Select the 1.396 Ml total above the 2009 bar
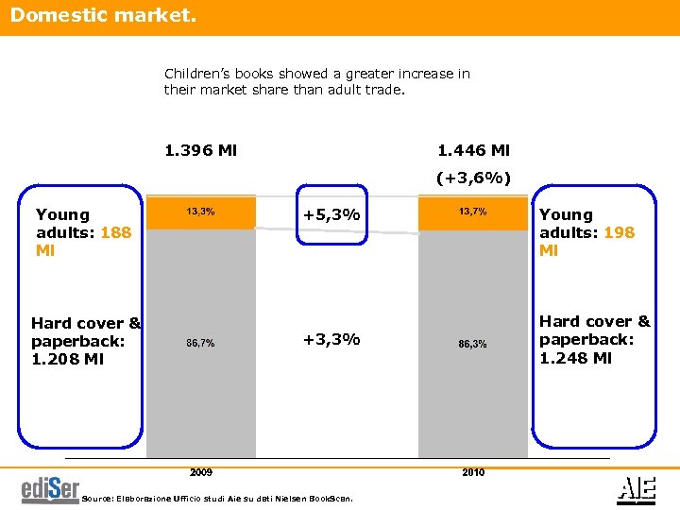click(200, 150)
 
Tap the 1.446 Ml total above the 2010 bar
click(473, 150)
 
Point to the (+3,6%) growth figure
click(473, 178)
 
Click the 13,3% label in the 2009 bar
click(200, 212)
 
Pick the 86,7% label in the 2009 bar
click(200, 343)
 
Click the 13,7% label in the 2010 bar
click(472, 212)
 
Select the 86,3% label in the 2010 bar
click(472, 344)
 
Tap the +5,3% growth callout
click(331, 215)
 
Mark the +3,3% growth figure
click(331, 339)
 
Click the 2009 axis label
click(200, 471)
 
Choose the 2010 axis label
click(473, 471)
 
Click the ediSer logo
click(50, 488)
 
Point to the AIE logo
click(632, 487)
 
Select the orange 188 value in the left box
click(115, 232)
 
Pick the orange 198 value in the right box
click(619, 232)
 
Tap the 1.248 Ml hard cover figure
click(575, 358)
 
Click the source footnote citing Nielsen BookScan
click(218, 498)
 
